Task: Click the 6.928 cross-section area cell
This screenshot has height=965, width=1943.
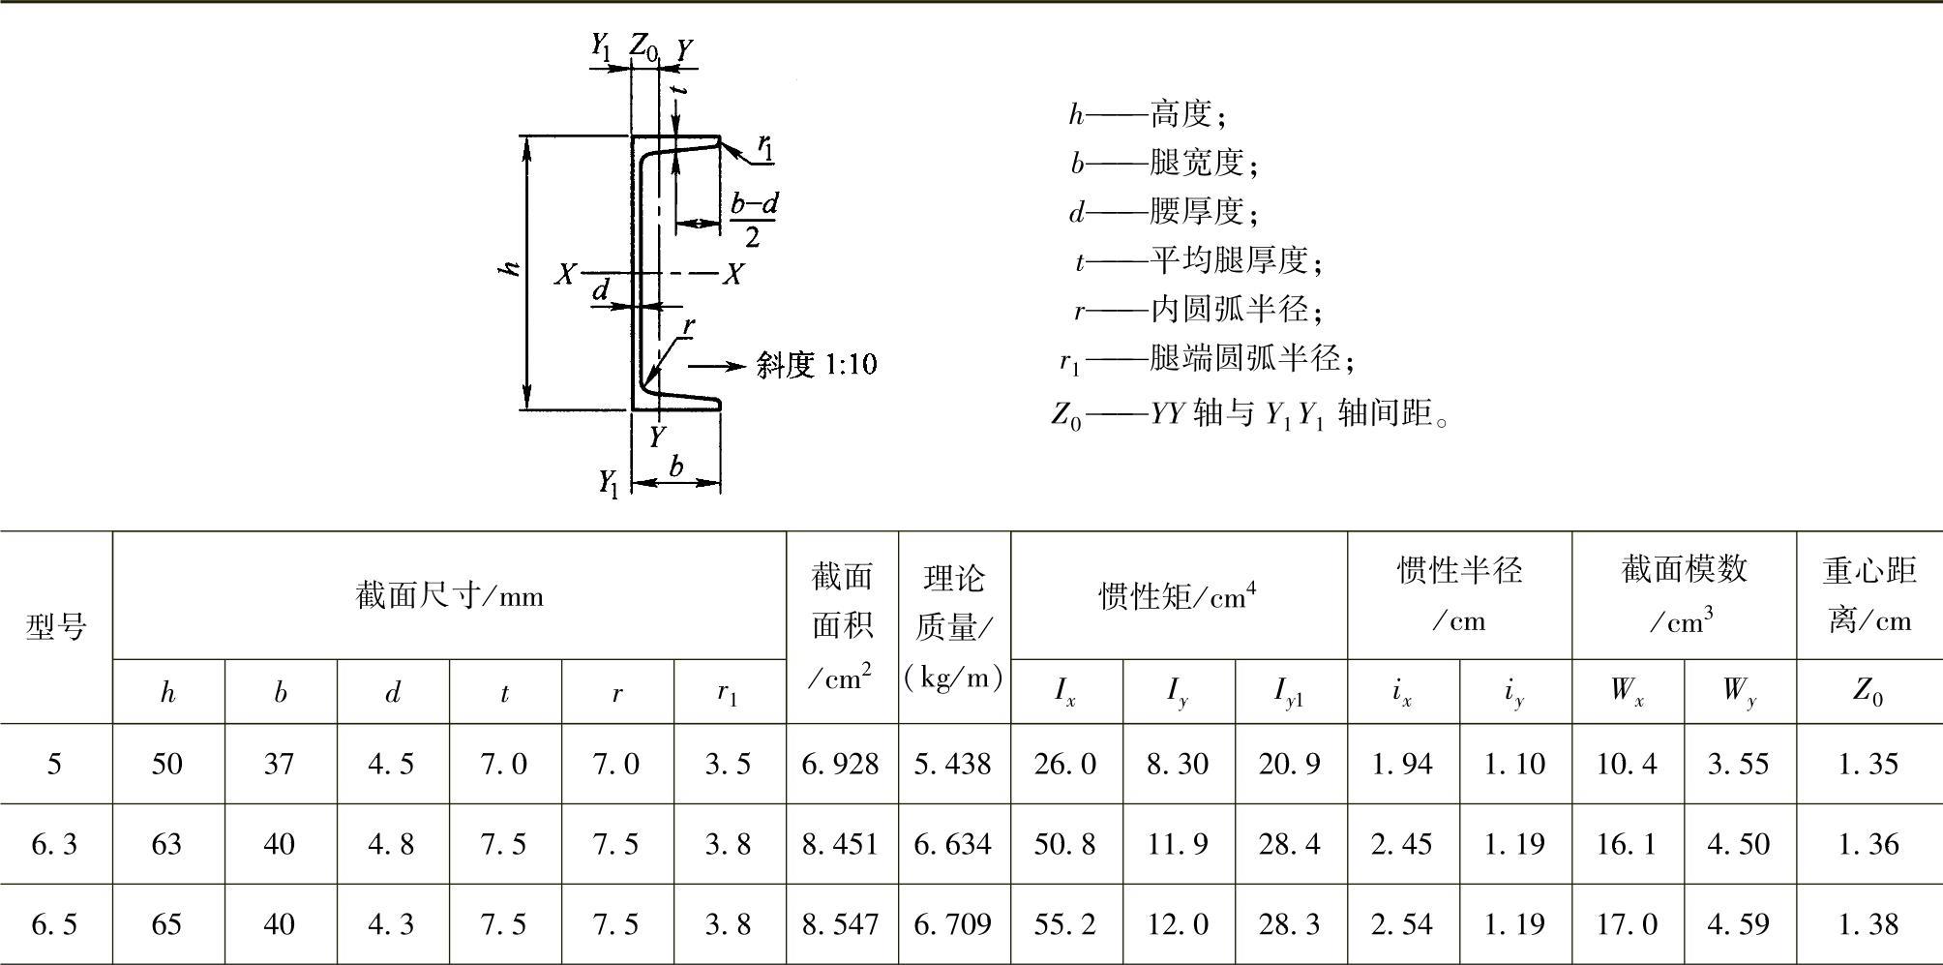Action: (841, 764)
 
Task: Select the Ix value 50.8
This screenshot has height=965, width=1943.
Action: (1064, 844)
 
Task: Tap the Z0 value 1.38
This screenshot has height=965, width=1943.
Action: (1868, 924)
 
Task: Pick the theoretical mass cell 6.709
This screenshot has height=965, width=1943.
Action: (953, 924)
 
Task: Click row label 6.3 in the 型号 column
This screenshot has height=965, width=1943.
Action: (54, 844)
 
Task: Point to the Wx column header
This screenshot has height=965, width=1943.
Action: (1627, 691)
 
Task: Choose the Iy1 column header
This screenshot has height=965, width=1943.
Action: (1289, 692)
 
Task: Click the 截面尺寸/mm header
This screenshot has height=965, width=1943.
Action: (449, 595)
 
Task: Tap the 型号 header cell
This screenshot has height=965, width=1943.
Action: (55, 626)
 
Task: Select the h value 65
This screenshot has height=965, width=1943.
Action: (166, 924)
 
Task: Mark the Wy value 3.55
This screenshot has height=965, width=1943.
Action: (1739, 764)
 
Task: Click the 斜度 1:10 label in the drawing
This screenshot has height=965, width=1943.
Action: (817, 365)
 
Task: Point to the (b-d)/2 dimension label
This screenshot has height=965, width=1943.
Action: (753, 220)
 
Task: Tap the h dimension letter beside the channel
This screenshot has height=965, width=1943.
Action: (510, 267)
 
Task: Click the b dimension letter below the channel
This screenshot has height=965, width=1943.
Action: (676, 466)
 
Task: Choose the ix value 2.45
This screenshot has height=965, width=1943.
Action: (1401, 844)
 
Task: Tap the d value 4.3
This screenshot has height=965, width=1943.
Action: (391, 924)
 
